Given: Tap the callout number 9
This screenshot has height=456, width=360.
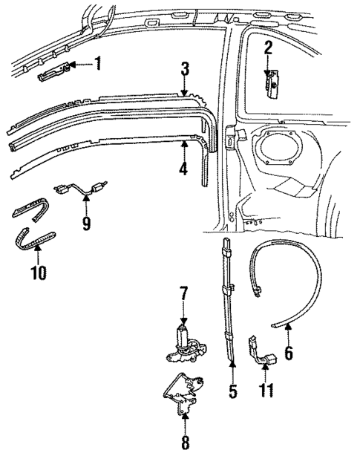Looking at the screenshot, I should (86, 223).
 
